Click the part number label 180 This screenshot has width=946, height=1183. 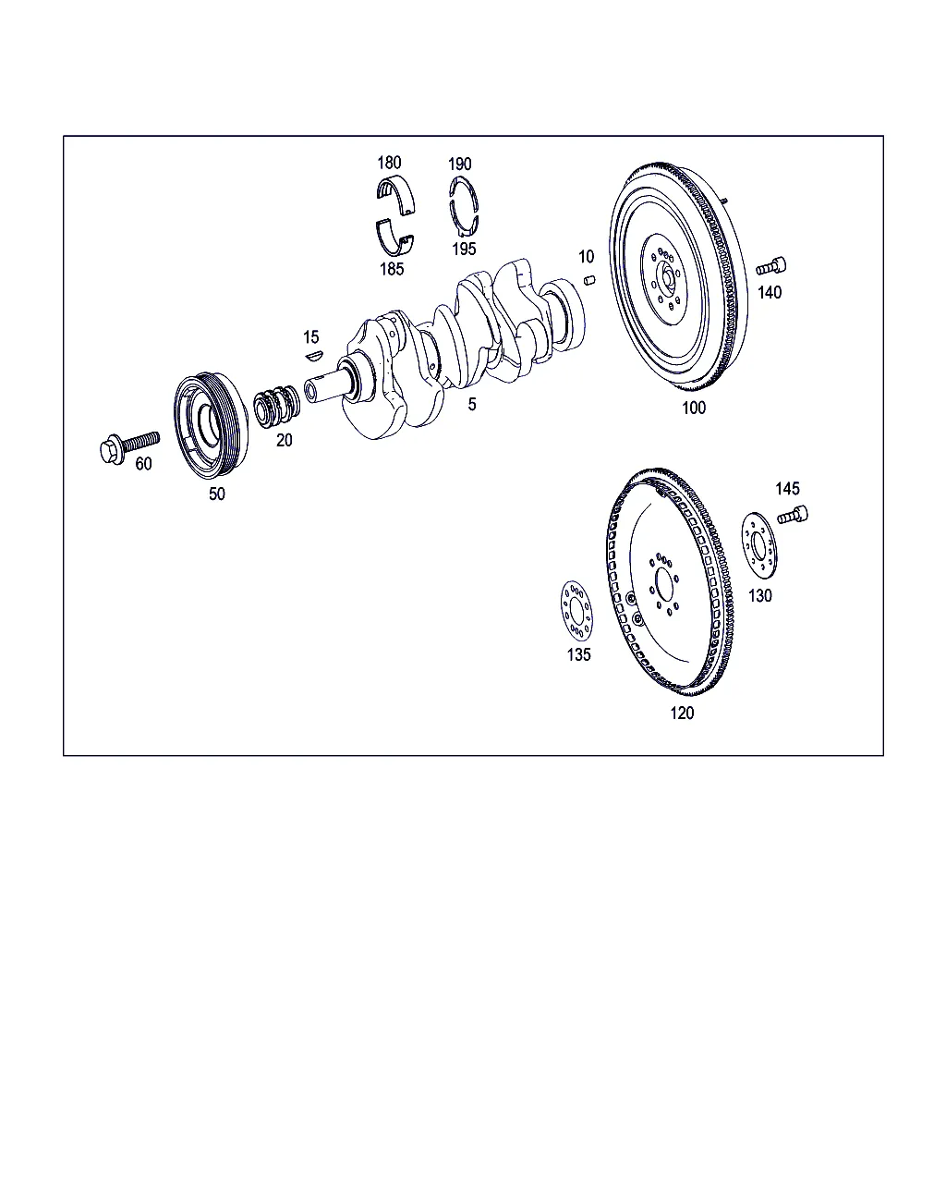pyautogui.click(x=389, y=163)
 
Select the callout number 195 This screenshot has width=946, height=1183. pyautogui.click(x=464, y=249)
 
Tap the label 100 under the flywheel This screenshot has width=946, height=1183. pyautogui.click(x=693, y=408)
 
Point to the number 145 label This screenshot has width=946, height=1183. pyautogui.click(x=787, y=488)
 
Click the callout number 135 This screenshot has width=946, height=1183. pyautogui.click(x=579, y=654)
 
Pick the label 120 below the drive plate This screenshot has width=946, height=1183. pyautogui.click(x=682, y=713)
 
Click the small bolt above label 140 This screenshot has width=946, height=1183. pyautogui.click(x=770, y=266)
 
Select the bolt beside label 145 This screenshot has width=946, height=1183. pyautogui.click(x=792, y=516)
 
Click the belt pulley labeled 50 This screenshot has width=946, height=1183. pyautogui.click(x=211, y=425)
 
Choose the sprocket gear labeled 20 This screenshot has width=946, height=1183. pyautogui.click(x=277, y=407)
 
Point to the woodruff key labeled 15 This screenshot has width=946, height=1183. pyautogui.click(x=314, y=356)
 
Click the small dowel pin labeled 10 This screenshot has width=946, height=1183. pyautogui.click(x=589, y=280)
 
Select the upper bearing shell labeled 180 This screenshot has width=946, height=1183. pyautogui.click(x=395, y=195)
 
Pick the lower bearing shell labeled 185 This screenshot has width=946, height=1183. pyautogui.click(x=394, y=237)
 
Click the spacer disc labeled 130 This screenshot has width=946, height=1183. pyautogui.click(x=759, y=545)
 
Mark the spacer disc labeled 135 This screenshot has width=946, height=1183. pyautogui.click(x=576, y=610)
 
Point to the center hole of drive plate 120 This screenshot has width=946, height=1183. pyautogui.click(x=664, y=585)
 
